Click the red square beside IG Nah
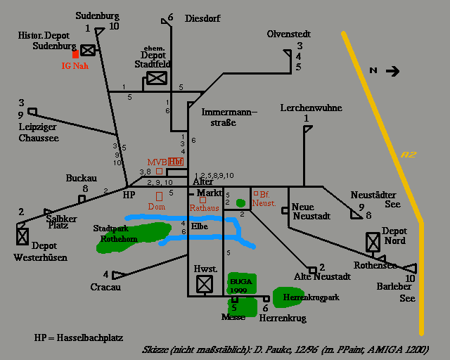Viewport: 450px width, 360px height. (75, 53)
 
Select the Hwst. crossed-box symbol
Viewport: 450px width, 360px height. (204, 283)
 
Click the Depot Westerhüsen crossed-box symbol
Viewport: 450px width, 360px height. (23, 236)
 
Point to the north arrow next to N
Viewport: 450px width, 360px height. (392, 70)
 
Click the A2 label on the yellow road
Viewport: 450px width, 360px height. (409, 155)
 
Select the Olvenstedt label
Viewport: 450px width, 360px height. (288, 34)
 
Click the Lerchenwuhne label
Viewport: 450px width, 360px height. (311, 108)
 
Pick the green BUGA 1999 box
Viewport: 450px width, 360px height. (241, 285)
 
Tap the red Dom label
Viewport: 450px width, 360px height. (156, 207)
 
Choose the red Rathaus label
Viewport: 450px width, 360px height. (205, 208)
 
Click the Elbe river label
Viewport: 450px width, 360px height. (199, 226)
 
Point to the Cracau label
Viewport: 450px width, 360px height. (105, 287)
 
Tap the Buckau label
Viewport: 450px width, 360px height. (81, 179)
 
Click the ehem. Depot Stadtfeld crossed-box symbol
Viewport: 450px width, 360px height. (156, 79)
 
